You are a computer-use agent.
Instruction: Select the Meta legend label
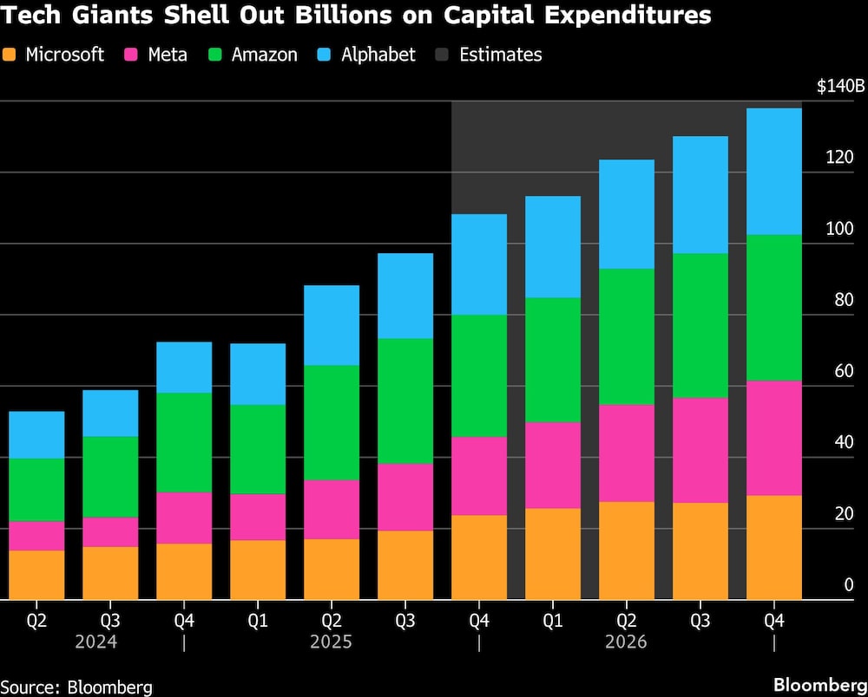tap(166, 55)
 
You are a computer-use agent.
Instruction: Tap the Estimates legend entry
tap(500, 55)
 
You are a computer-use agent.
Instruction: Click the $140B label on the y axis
tap(839, 86)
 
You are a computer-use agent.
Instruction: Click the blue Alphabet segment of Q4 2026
tap(773, 171)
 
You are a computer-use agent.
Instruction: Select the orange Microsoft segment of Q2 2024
tap(36, 575)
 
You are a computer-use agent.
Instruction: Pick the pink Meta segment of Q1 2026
tap(553, 465)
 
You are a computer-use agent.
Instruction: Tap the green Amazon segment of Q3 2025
tap(405, 401)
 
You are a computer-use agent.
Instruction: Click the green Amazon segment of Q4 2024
tap(184, 442)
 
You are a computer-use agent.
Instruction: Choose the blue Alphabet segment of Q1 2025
tap(258, 374)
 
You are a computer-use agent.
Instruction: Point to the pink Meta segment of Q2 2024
tap(36, 536)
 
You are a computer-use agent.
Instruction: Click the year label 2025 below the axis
tap(331, 642)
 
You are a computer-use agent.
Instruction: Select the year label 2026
tap(626, 642)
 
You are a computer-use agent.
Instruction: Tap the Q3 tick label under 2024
tap(110, 621)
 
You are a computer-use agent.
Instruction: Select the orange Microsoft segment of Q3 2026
tap(700, 550)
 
